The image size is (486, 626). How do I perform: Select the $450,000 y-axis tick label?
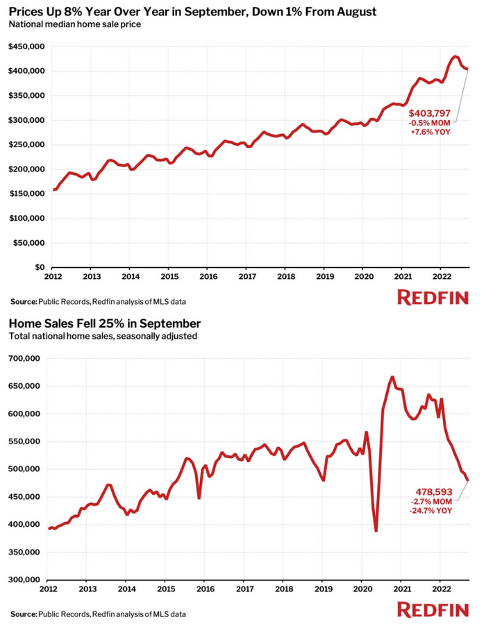click(26, 46)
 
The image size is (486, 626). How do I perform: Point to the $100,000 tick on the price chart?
click(26, 218)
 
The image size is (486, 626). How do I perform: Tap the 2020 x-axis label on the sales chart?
click(362, 589)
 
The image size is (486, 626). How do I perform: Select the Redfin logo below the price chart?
click(433, 298)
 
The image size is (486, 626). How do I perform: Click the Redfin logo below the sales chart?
click(433, 609)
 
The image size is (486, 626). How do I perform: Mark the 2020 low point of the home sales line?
click(376, 531)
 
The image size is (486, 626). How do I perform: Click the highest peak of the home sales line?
click(392, 377)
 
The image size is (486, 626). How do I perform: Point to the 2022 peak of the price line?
click(455, 56)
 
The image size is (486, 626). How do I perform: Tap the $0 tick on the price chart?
click(40, 267)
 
